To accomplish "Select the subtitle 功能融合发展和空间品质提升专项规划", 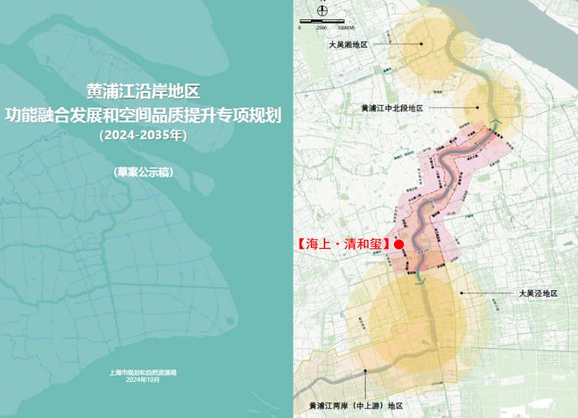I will (x=144, y=114).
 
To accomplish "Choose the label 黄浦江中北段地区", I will (x=391, y=108).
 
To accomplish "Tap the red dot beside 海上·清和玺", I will (x=399, y=244).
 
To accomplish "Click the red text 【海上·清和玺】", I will (x=342, y=244).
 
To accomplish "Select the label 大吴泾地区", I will (x=537, y=294).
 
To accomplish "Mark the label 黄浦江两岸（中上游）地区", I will (x=356, y=407).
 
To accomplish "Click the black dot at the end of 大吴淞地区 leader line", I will (x=421, y=43).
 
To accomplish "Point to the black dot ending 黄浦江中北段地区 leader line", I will (x=478, y=108).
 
